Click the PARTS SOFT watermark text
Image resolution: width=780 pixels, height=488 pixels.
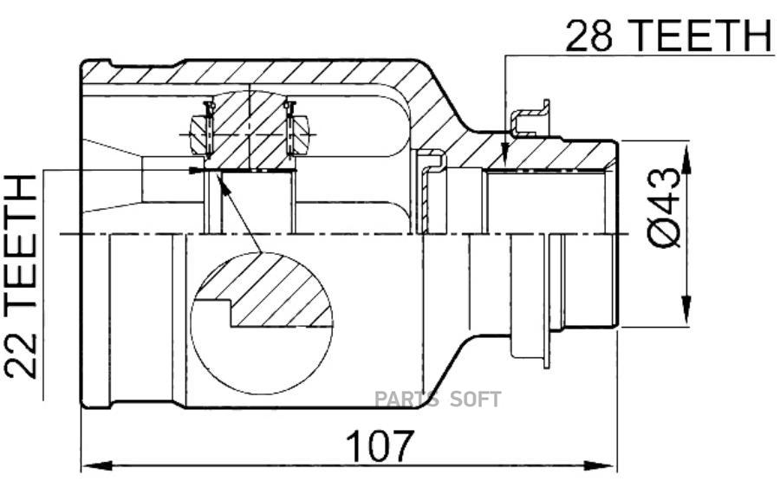438,400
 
